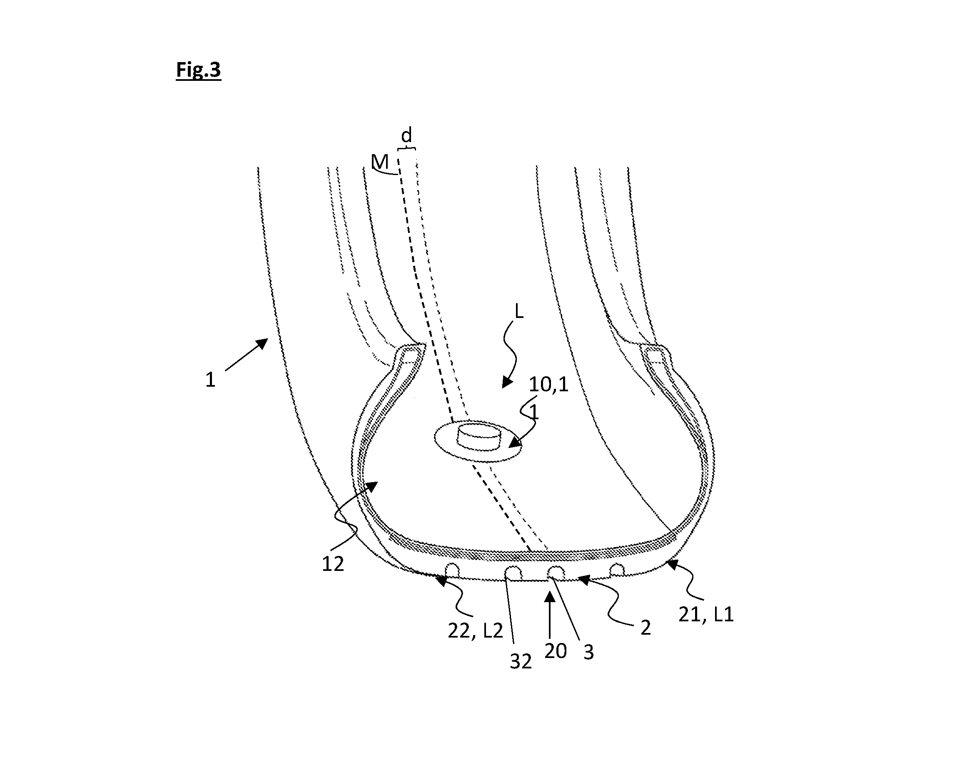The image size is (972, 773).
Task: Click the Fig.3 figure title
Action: (198, 70)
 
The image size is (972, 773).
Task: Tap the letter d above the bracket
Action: (406, 135)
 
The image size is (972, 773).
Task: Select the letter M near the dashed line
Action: (380, 161)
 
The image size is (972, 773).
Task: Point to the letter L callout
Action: (519, 311)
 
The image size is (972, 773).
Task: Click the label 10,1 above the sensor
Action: (548, 384)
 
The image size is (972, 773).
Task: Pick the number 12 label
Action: (333, 564)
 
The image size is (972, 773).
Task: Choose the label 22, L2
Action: (475, 630)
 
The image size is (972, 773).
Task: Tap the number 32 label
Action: (521, 662)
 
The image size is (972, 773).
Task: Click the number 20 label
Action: (556, 651)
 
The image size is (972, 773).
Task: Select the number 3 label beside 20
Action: (589, 652)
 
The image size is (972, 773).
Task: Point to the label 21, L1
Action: (706, 615)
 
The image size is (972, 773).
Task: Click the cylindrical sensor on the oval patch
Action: (479, 436)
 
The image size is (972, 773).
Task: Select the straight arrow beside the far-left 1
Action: (246, 355)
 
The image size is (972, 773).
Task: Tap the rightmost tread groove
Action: (617, 570)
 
